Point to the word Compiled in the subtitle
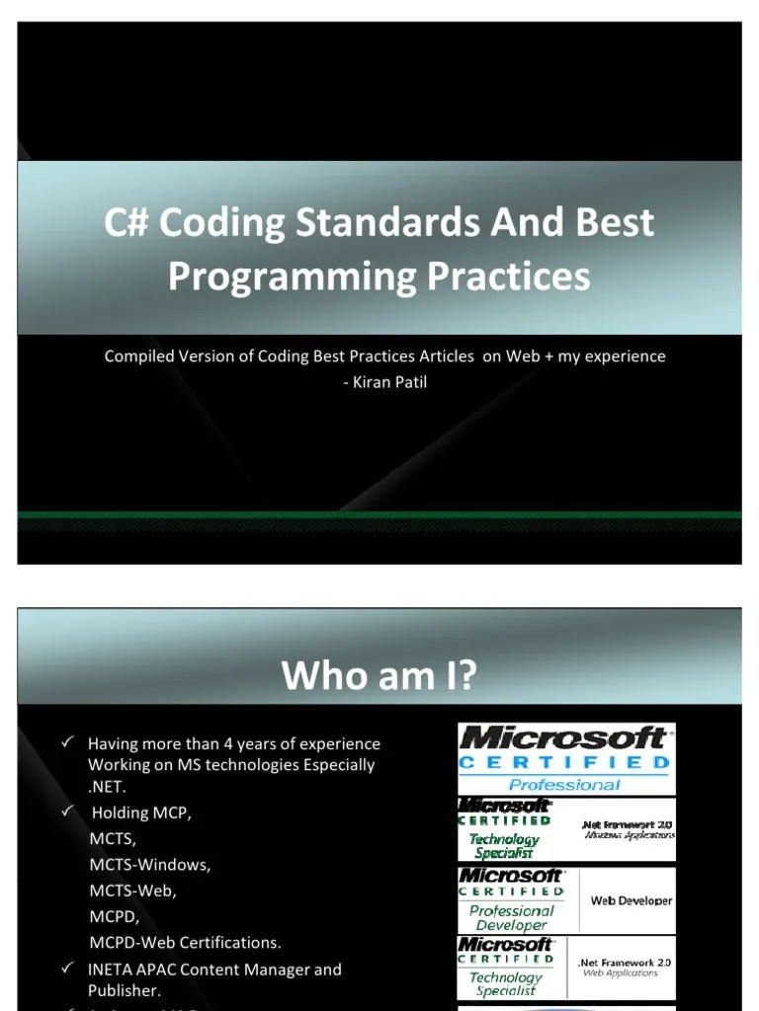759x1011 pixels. [137, 355]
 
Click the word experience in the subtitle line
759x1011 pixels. [625, 355]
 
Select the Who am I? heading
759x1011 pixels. [379, 676]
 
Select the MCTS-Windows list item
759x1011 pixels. [149, 865]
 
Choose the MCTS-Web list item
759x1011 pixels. [132, 891]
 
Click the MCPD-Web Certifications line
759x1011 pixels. [185, 942]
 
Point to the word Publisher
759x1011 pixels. [124, 990]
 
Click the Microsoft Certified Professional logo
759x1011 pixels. [565, 758]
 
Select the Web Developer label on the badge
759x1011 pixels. [631, 900]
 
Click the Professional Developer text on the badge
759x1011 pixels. [511, 918]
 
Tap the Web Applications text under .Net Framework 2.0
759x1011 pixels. [620, 973]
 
